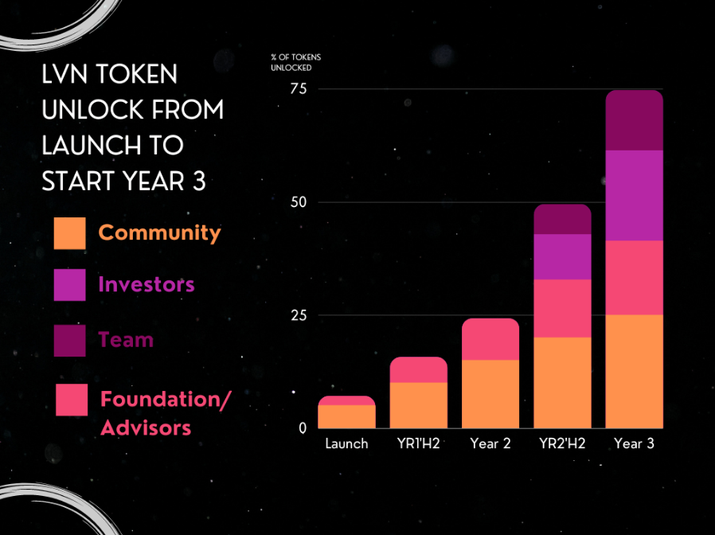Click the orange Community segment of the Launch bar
pos(346,416)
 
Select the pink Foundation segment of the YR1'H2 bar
pos(419,369)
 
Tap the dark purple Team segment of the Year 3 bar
pos(635,120)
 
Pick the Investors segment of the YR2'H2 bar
pos(562,257)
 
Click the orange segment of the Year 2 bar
pos(490,394)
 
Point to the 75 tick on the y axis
pos(299,89)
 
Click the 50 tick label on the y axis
pos(299,202)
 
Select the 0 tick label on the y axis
pos(303,428)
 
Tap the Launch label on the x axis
pos(346,443)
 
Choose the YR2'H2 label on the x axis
pos(562,443)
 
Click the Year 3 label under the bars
pos(635,443)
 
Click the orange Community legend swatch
pos(70,233)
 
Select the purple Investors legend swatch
pos(70,284)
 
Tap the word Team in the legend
pos(126,340)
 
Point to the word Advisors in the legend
pos(146,428)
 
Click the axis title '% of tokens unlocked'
pos(296,62)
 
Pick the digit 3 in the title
pos(199,181)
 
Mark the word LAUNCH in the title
pos(92,146)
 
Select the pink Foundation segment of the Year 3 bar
pos(635,277)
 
